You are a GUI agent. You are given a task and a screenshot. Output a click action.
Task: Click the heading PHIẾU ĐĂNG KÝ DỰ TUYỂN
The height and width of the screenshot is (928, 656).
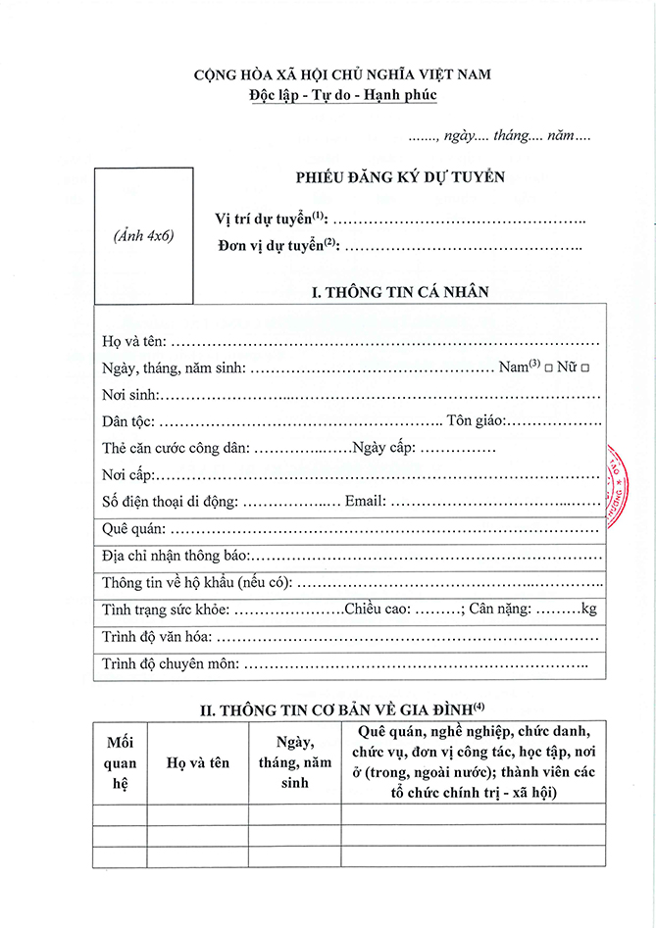[x=400, y=177]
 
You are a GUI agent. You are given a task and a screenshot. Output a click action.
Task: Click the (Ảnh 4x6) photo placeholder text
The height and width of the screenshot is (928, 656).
[x=143, y=236]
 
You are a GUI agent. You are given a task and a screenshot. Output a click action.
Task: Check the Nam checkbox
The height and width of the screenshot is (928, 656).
[x=549, y=367]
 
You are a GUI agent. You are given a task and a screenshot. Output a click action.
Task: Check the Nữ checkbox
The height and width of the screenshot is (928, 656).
[x=585, y=367]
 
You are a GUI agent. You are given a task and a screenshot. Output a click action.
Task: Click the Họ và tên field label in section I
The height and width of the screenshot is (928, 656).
[x=134, y=341]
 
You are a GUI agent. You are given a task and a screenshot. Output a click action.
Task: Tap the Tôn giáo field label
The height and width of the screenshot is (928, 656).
[x=476, y=421]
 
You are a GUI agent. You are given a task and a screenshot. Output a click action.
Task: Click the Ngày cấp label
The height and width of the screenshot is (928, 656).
[x=384, y=448]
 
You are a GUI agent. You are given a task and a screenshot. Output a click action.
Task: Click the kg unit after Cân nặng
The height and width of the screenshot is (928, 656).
[x=588, y=610]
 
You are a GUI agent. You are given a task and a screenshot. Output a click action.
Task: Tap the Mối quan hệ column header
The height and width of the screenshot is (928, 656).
[x=120, y=761]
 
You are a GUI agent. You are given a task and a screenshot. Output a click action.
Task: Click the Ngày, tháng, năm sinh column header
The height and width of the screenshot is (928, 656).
[x=294, y=761]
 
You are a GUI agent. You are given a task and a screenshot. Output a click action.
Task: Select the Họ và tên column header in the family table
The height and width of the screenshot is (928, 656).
[x=197, y=762]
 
